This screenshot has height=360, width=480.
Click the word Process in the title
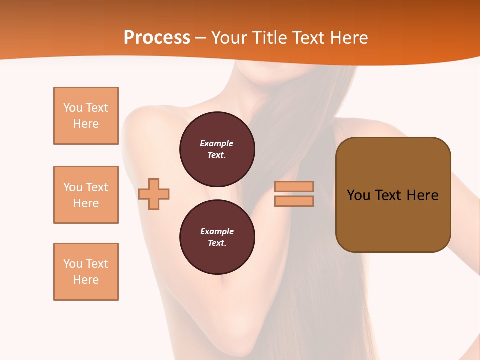pos(157,38)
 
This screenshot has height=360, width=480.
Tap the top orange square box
pos(86,116)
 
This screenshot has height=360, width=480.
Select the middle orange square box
pos(86,195)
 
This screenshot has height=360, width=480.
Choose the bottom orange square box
pos(86,272)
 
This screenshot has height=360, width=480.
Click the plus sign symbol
pos(154,194)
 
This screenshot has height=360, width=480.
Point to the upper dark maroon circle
pos(217,149)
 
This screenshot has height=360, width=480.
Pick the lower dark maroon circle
pos(217,237)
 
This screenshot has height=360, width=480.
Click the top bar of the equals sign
pos(294,186)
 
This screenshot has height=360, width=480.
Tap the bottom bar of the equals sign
pos(294,201)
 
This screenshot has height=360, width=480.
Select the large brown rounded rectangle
pos(393,194)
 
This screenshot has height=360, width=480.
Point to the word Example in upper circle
pos(216,143)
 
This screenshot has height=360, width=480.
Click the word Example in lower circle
pos(217,231)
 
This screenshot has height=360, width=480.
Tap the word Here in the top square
pos(86,124)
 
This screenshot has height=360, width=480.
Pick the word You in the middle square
pos(72,187)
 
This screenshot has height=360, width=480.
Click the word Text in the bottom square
pos(97,264)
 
